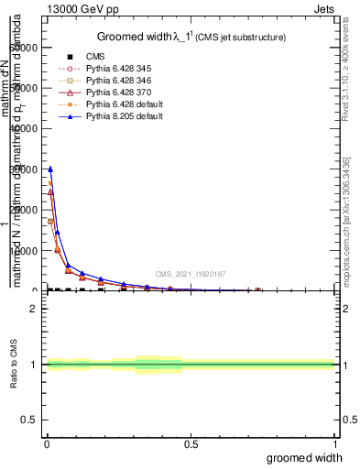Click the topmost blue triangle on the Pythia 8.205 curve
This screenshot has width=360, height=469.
(x=50, y=169)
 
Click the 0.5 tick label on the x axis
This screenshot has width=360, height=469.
(x=191, y=443)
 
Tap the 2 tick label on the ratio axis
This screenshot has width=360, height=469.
(x=34, y=309)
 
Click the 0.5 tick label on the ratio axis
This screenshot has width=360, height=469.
(x=30, y=420)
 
